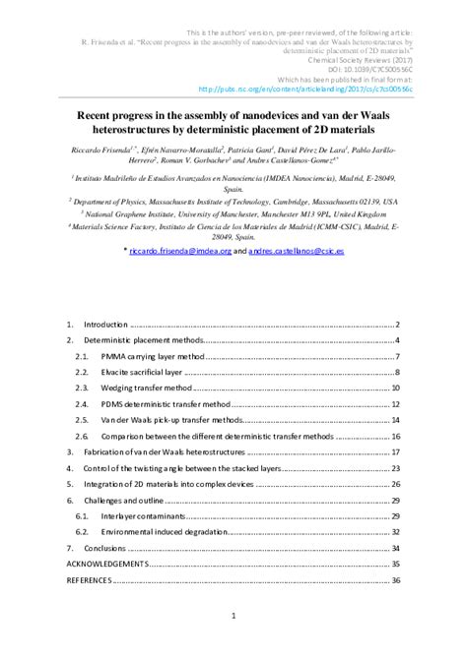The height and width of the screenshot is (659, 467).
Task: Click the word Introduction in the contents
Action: tap(106, 324)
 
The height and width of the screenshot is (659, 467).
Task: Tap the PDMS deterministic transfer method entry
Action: tap(165, 403)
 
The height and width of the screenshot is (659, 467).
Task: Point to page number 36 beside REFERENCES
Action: tap(395, 581)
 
